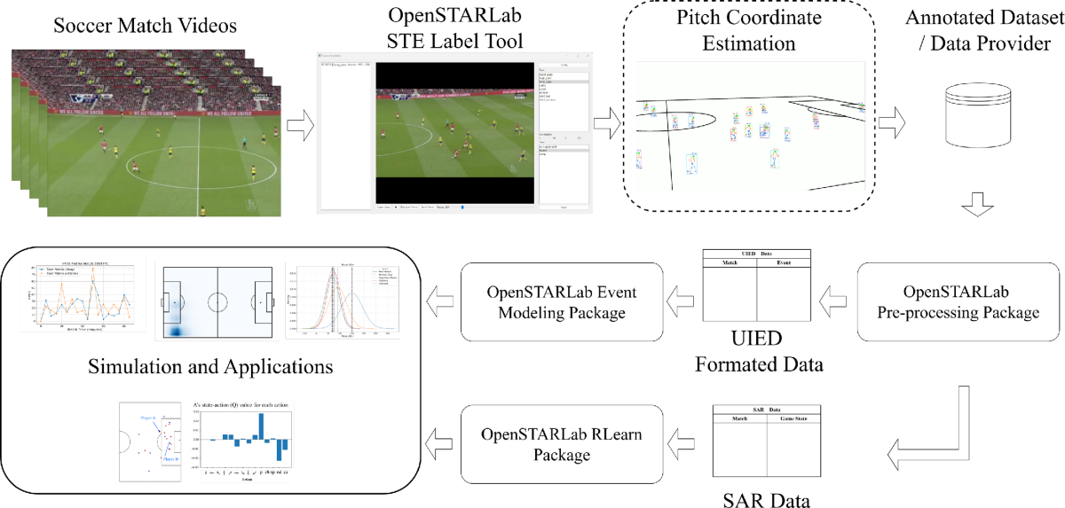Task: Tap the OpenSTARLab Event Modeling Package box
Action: click(x=563, y=302)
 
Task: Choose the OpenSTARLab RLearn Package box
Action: click(x=562, y=444)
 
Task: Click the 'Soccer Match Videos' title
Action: click(x=146, y=26)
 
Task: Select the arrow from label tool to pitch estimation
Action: click(x=608, y=122)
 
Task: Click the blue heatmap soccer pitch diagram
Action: click(x=217, y=301)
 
